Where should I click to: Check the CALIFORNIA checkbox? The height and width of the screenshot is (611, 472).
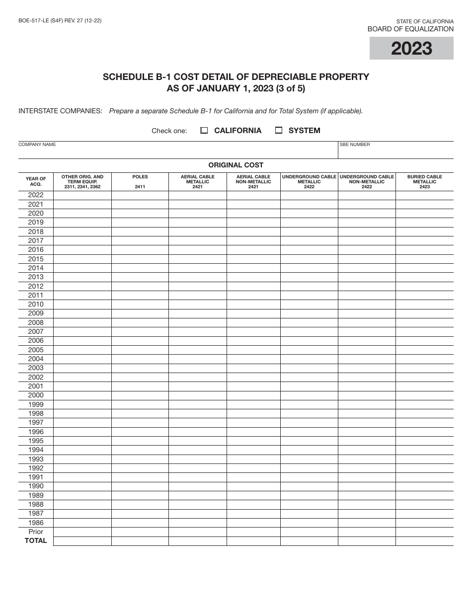click(204, 131)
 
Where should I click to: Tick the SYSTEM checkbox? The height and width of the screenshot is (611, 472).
click(279, 131)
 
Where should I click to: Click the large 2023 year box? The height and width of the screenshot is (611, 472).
click(411, 48)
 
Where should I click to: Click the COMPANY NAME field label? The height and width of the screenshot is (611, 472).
click(37, 145)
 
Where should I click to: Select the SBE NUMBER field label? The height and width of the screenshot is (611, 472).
click(355, 145)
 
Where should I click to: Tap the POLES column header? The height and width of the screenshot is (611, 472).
click(140, 177)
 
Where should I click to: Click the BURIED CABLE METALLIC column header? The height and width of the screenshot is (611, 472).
click(424, 181)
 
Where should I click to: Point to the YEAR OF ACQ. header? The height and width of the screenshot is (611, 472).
click(36, 181)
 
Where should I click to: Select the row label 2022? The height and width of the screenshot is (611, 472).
click(36, 195)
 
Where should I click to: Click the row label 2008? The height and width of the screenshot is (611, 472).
click(36, 322)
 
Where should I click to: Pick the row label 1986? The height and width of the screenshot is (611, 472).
click(36, 523)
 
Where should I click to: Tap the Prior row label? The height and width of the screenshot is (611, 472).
click(36, 532)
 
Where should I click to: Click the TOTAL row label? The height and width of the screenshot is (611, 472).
click(36, 540)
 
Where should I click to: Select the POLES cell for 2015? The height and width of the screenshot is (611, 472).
click(140, 259)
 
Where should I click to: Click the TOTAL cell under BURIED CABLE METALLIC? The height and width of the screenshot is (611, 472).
click(424, 541)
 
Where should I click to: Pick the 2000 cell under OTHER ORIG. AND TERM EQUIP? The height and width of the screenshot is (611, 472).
click(82, 395)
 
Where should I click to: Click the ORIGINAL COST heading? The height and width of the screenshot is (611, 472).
click(236, 165)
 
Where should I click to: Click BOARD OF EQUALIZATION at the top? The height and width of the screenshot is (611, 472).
click(410, 29)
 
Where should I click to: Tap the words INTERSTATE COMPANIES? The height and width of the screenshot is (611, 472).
click(60, 111)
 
